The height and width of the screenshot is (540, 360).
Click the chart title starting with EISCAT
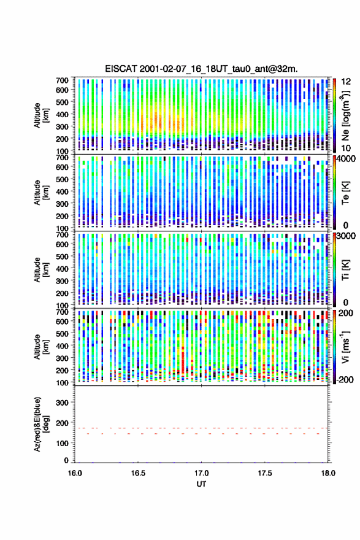click(201, 69)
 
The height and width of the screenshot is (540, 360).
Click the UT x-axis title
click(201, 484)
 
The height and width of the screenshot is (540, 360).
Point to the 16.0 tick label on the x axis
click(75, 473)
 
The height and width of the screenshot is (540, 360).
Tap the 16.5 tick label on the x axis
click(138, 473)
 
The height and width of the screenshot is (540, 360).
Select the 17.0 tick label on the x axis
click(201, 473)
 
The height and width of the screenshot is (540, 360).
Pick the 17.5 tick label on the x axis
click(265, 473)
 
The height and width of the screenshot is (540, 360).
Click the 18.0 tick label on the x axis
click(328, 473)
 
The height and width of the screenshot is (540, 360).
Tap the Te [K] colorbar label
click(345, 193)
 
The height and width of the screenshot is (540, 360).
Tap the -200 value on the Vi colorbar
click(345, 379)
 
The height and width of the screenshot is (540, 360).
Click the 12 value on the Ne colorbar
click(346, 82)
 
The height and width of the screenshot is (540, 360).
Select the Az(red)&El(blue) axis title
click(41, 424)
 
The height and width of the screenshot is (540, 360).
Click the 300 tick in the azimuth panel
click(63, 403)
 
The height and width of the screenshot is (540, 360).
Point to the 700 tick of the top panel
click(63, 80)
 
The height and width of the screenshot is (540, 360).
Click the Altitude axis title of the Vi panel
click(41, 347)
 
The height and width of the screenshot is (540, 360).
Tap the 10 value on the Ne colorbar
click(346, 148)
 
